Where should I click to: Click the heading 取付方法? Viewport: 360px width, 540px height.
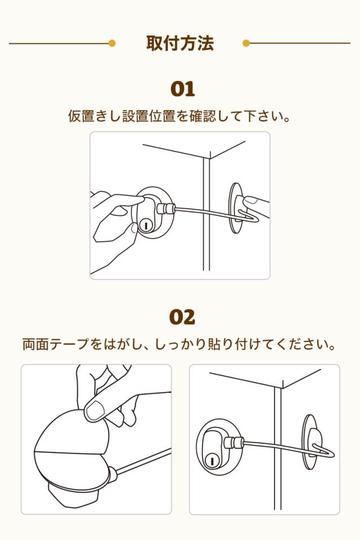(180, 43)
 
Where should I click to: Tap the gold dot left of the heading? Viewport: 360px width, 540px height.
(111, 43)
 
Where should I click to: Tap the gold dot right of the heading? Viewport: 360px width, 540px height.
(246, 43)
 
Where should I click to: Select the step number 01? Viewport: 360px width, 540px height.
(183, 89)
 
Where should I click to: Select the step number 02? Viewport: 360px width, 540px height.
(182, 317)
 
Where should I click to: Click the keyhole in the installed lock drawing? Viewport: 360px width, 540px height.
(211, 460)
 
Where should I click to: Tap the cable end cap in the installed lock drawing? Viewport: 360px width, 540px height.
(234, 443)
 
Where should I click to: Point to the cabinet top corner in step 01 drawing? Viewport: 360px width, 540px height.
(210, 159)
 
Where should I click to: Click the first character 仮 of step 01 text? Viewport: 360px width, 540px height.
(74, 116)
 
